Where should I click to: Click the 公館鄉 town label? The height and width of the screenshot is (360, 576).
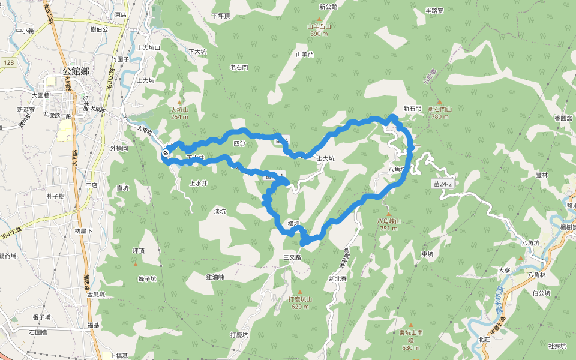pyautogui.click(x=76, y=71)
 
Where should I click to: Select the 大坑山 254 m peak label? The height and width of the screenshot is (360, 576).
pyautogui.click(x=179, y=113)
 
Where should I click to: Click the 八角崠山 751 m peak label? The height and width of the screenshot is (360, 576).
pyautogui.click(x=388, y=224)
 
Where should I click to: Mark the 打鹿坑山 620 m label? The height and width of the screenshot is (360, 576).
pyautogui.click(x=300, y=302)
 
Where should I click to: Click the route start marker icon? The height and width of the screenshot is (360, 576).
pyautogui.click(x=165, y=154)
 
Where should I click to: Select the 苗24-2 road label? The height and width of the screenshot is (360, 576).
pyautogui.click(x=442, y=184)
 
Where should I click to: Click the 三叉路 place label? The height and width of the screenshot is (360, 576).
pyautogui.click(x=292, y=257)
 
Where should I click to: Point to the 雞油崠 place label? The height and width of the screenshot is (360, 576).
pyautogui.click(x=215, y=277)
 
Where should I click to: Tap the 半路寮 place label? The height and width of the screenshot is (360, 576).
pyautogui.click(x=434, y=11)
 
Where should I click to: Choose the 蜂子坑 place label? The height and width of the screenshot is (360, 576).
pyautogui.click(x=147, y=279)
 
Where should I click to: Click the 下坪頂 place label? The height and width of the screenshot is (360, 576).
pyautogui.click(x=221, y=16)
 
